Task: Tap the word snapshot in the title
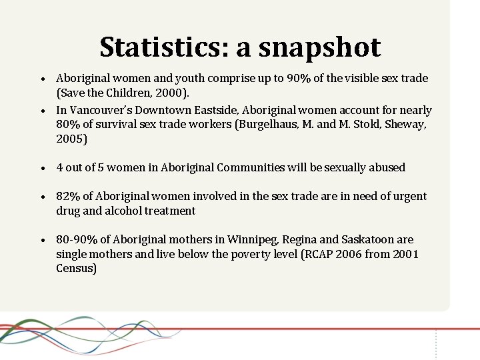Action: (319, 47)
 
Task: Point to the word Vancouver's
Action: (101, 110)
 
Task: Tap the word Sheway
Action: (406, 125)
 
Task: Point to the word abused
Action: (385, 167)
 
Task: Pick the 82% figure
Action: (68, 196)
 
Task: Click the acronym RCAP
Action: (315, 254)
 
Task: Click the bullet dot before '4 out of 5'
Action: (42, 168)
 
